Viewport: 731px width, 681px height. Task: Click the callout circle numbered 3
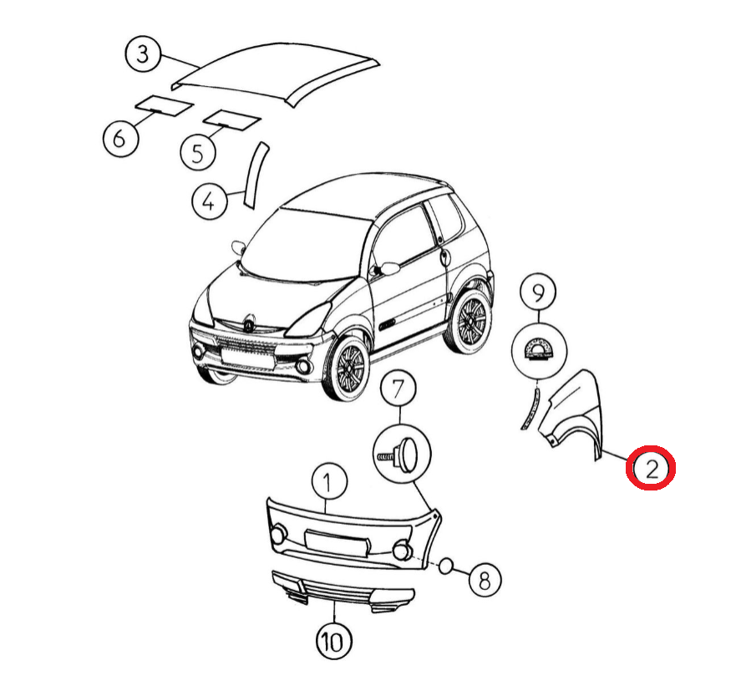pos(143,53)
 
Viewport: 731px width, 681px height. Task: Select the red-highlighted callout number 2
pos(651,468)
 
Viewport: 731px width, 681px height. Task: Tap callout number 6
pos(120,139)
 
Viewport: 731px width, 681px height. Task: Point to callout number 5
pos(198,153)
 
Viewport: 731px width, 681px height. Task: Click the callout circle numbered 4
pos(210,202)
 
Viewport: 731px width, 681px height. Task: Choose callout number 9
pos(539,292)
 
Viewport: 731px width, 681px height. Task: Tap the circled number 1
pos(328,481)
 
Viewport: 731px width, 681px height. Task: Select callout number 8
pos(485,580)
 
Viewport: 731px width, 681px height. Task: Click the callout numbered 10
pos(334,642)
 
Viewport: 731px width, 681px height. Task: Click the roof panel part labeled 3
pos(275,74)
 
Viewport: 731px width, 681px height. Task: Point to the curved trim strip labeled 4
pos(255,175)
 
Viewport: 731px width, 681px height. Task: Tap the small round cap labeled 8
pos(445,566)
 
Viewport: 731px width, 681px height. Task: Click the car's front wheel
pos(346,368)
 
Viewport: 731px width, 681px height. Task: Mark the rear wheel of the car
pos(470,322)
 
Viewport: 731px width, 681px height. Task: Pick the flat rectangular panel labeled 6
pos(164,105)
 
